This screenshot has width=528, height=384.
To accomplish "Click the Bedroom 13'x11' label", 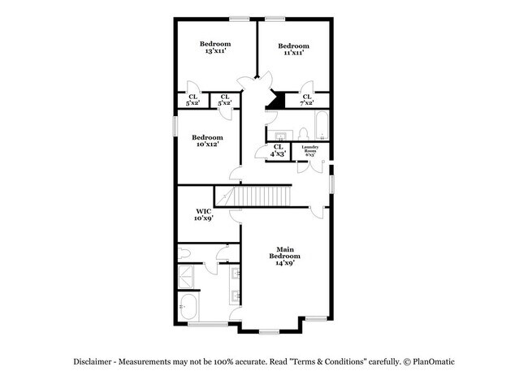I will point(215,47).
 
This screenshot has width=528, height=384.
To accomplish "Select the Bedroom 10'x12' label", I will point(208,141).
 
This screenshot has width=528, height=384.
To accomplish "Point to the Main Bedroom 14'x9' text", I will point(283,256).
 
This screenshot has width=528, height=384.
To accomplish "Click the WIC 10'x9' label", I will point(204,214).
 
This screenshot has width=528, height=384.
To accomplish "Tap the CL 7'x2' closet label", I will point(307,100).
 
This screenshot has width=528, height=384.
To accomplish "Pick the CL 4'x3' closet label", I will point(279,150).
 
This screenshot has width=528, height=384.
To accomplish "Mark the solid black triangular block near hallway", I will point(277,100).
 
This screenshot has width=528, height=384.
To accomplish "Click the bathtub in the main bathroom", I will point(190,308).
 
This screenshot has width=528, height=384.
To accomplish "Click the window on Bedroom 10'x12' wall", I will point(175,127).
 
